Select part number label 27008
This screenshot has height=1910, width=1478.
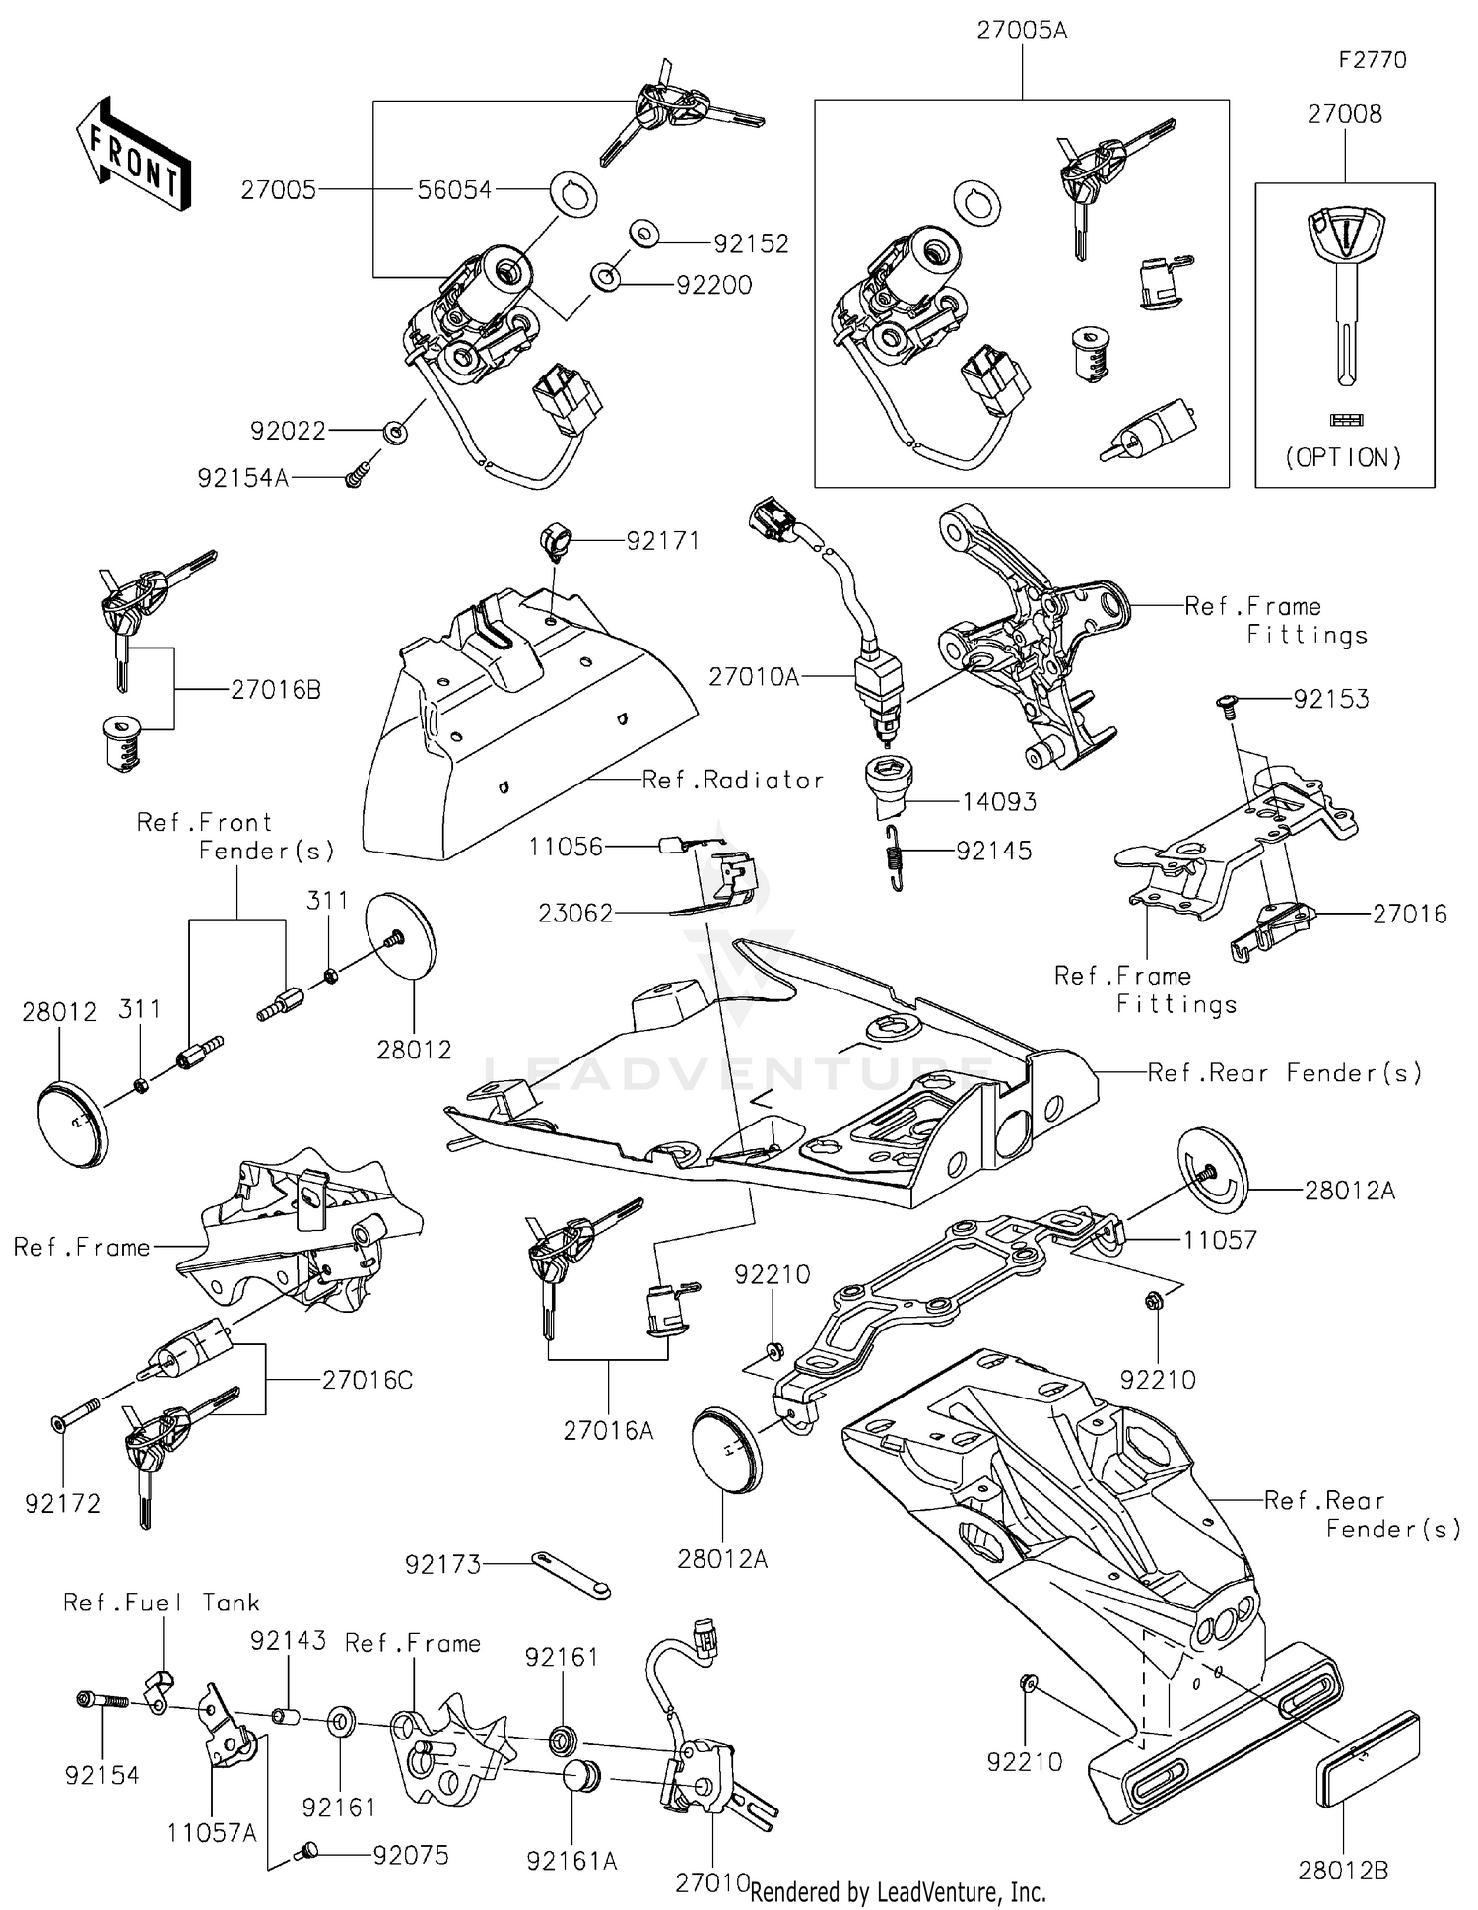(1345, 114)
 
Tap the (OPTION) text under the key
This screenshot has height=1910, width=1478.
(1344, 457)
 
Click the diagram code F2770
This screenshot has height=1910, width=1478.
(1373, 60)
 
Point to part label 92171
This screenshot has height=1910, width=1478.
(662, 541)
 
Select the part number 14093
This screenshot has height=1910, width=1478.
(999, 802)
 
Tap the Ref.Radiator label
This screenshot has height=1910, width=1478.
(732, 781)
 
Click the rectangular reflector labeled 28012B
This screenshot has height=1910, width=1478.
(1368, 1759)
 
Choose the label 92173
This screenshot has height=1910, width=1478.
(442, 1564)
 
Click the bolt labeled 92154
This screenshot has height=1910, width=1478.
(102, 1701)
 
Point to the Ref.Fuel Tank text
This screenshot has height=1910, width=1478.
(161, 1603)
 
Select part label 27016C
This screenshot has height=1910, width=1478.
(368, 1380)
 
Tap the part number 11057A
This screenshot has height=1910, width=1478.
(212, 1832)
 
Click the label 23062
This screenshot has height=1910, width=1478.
(575, 914)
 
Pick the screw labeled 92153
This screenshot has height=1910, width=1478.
(1227, 702)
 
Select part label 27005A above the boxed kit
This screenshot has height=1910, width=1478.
(1022, 31)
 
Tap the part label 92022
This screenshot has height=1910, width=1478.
(288, 431)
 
